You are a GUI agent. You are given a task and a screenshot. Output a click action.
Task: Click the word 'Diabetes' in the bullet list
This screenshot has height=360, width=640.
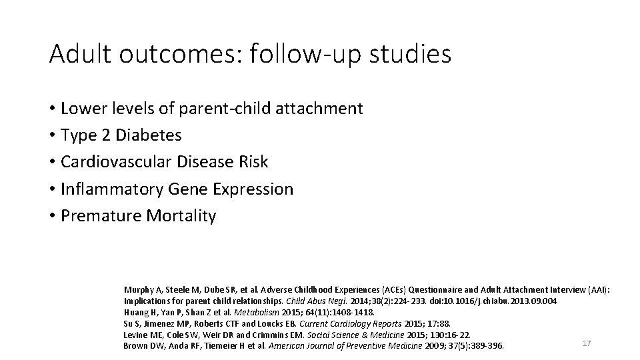[x=149, y=135]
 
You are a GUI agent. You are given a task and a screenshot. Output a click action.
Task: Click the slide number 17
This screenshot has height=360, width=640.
[x=587, y=343]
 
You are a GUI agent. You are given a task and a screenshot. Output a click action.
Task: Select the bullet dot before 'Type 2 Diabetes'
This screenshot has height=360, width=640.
[x=51, y=135]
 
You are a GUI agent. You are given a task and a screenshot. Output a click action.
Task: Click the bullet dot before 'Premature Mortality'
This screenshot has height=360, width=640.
[x=51, y=216]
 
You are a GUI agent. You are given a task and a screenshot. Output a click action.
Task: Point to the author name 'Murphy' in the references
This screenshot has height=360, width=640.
[x=137, y=290]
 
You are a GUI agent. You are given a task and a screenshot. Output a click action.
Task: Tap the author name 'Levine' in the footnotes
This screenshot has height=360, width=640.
[x=135, y=334]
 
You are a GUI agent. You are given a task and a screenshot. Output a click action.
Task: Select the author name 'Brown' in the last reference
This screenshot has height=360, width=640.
[x=135, y=345]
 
